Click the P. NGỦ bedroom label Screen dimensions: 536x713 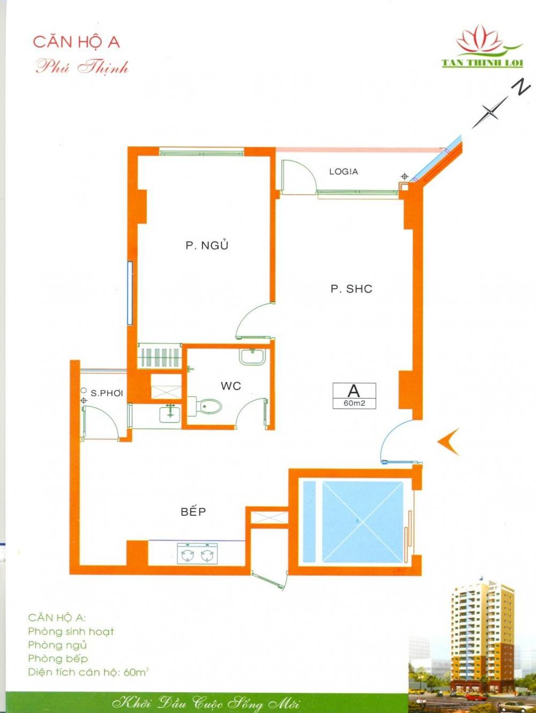[207, 245]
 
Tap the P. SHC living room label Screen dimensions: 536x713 [352, 289]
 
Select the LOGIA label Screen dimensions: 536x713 [344, 171]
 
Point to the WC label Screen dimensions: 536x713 [231, 386]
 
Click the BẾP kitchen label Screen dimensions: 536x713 [193, 511]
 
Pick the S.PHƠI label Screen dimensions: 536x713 [107, 393]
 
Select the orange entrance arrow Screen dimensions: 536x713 [448, 441]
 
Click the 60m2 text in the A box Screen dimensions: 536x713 [354, 403]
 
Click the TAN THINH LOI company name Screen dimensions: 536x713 [482, 63]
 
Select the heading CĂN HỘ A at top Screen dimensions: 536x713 [77, 43]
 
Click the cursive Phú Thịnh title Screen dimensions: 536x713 [82, 68]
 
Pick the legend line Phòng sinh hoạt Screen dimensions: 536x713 [71, 632]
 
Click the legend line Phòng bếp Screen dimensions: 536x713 [58, 658]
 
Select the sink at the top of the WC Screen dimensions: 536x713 [252, 356]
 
